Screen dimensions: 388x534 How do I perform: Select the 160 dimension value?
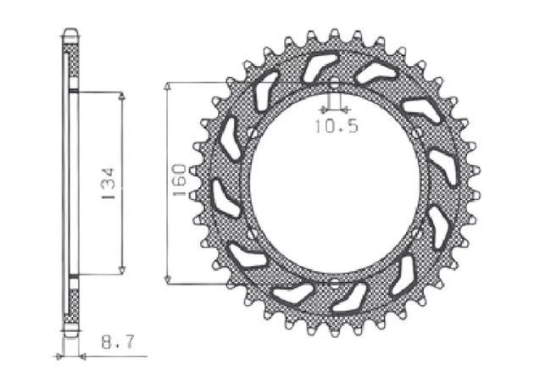tap(179, 183)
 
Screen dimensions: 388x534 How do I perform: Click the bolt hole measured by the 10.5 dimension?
tap(335, 86)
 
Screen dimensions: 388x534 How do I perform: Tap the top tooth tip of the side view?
tap(72, 33)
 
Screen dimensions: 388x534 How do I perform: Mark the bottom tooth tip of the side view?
tap(72, 335)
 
